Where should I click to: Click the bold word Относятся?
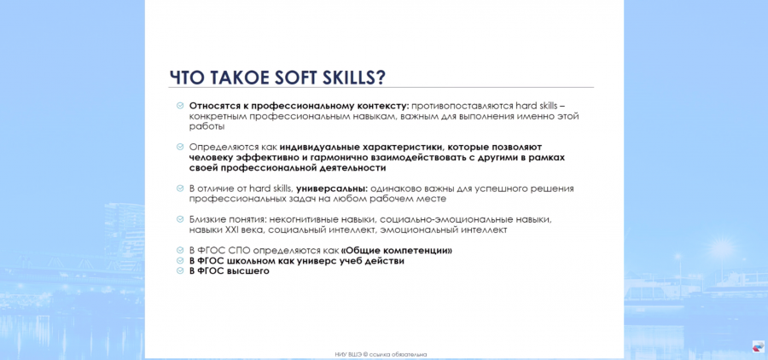click(212, 105)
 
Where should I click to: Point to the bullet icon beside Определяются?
click(180, 147)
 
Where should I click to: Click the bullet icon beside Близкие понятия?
click(180, 219)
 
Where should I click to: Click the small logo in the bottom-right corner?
click(758, 345)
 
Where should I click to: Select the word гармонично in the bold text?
click(324, 158)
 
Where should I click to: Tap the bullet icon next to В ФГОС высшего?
click(180, 270)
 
